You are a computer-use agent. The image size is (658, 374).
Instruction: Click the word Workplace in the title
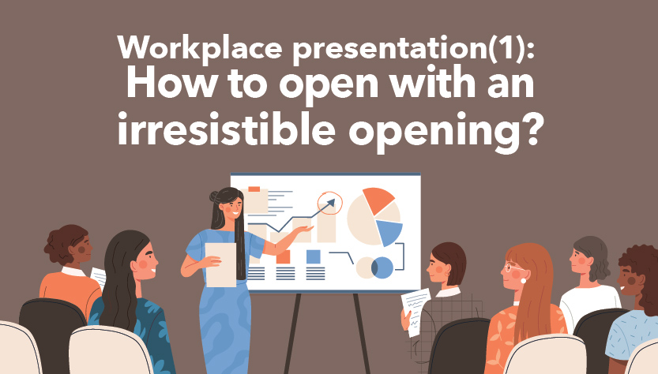[x=200, y=49]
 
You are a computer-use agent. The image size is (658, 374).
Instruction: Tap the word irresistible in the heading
[x=226, y=128]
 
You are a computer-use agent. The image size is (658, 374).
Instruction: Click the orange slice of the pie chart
[x=377, y=200]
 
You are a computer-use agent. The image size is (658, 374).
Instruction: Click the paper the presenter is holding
[x=220, y=265]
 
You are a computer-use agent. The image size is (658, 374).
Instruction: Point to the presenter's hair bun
[x=214, y=196]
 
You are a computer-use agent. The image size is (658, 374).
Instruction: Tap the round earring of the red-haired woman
[x=523, y=281]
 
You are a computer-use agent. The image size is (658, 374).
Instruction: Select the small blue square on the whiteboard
[x=314, y=256]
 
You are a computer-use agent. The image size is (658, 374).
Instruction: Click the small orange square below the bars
[x=284, y=256]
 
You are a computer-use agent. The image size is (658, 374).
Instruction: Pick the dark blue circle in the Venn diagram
[x=382, y=268]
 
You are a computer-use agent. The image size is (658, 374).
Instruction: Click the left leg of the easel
[x=292, y=333]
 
